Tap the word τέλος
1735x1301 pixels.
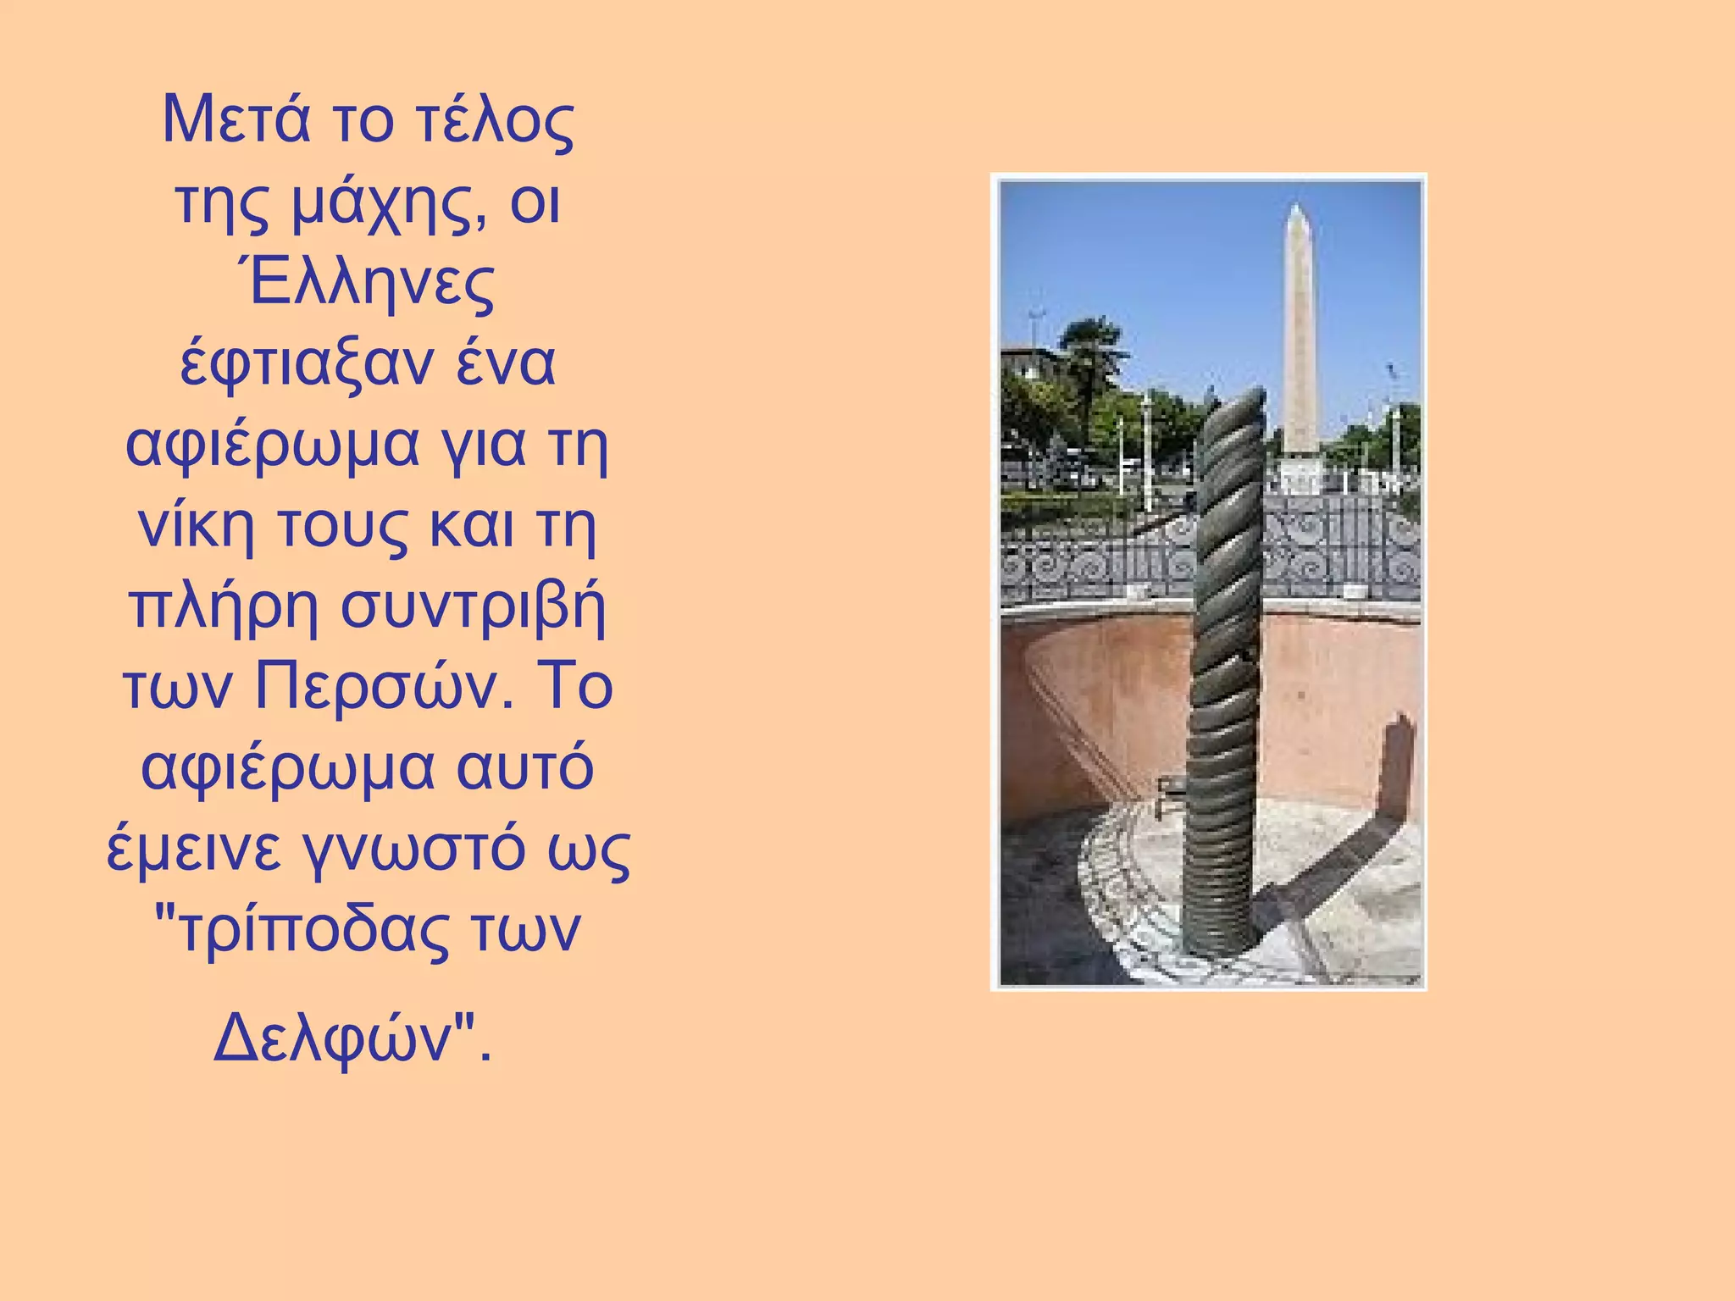click(x=495, y=119)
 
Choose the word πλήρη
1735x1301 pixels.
click(x=222, y=606)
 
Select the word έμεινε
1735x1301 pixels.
click(x=193, y=849)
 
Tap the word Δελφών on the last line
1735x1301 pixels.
click(x=335, y=1038)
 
